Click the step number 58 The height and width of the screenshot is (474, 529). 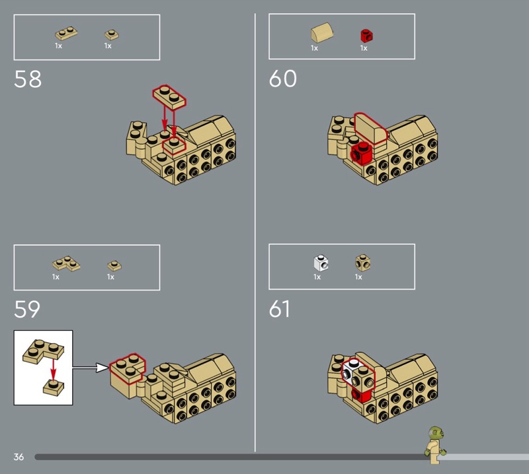click(28, 79)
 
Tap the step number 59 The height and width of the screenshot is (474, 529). click(27, 309)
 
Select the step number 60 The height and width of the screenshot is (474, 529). click(283, 79)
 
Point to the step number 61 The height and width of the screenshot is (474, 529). click(279, 309)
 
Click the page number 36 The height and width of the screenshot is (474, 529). click(19, 457)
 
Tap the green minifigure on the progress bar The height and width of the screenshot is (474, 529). click(436, 445)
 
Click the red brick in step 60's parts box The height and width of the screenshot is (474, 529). click(366, 36)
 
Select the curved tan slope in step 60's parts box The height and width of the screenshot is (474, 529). click(322, 33)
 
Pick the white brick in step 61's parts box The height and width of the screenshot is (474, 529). click(321, 263)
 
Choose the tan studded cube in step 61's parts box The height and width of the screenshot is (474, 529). click(362, 263)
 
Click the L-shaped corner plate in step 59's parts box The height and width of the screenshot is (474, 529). click(66, 263)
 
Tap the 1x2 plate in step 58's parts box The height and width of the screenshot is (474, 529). click(66, 34)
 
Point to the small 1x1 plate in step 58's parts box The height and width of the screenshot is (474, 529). click(112, 35)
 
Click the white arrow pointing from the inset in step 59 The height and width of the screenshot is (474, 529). click(91, 368)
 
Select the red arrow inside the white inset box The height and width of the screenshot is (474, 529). click(53, 370)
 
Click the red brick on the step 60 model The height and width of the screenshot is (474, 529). click(362, 154)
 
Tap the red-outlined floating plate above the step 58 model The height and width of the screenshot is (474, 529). click(169, 97)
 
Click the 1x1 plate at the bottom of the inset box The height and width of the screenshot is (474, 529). click(54, 388)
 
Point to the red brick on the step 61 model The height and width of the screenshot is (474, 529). click(361, 395)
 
